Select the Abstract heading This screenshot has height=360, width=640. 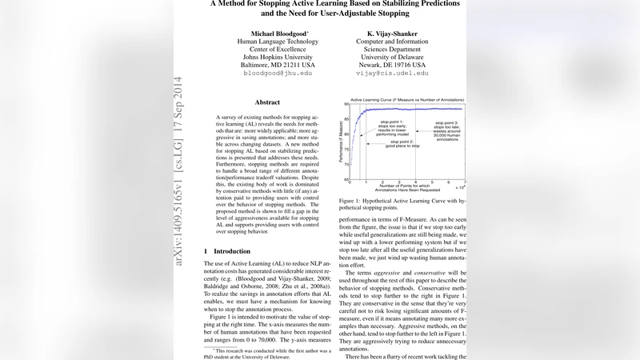coord(267,102)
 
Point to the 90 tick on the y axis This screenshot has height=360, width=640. coord(346,104)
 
